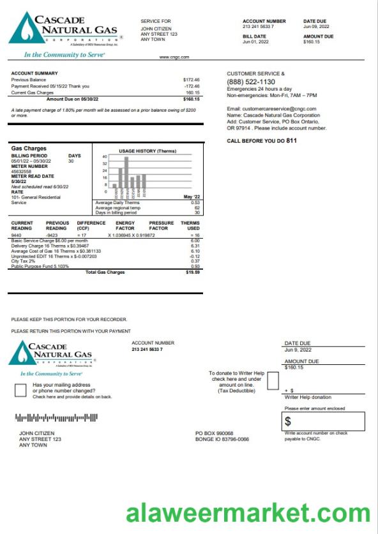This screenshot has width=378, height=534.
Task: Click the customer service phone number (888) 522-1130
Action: click(x=251, y=82)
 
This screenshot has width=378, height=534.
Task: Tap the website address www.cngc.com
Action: click(x=174, y=57)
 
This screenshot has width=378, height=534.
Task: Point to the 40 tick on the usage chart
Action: click(x=105, y=156)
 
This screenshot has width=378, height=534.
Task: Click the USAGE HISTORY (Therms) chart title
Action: click(x=147, y=151)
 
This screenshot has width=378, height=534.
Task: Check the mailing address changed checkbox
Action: click(x=20, y=390)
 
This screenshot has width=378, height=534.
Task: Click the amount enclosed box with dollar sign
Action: click(x=324, y=421)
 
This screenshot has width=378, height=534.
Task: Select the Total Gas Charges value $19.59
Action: click(x=193, y=272)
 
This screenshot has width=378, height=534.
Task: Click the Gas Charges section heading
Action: click(x=29, y=149)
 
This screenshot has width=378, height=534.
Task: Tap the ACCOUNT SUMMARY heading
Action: click(x=34, y=73)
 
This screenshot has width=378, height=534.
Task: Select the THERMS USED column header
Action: click(x=190, y=225)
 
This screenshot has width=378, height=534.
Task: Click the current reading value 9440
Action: click(x=17, y=235)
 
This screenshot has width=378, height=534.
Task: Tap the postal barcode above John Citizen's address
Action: click(x=56, y=419)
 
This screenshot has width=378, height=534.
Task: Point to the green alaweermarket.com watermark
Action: click(x=248, y=513)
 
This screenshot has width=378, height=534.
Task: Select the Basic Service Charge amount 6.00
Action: click(x=195, y=241)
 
